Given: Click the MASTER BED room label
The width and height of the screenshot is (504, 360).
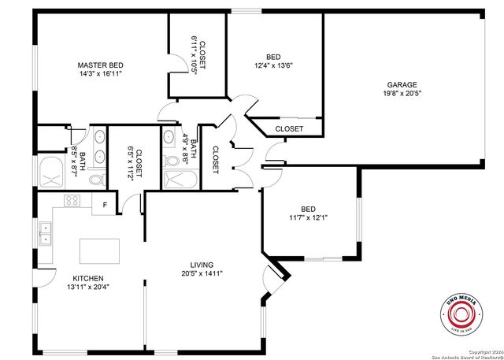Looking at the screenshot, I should tap(100, 65).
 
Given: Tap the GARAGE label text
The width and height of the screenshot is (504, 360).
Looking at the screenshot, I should tap(402, 84).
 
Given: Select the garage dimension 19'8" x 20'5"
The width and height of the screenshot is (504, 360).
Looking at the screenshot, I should tap(402, 93).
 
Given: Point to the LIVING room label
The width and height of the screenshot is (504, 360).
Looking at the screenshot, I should tap(202, 265).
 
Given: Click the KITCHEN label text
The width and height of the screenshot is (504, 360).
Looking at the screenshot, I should tap(87, 278).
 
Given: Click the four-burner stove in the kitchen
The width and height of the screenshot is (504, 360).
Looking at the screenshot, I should tap(72, 200).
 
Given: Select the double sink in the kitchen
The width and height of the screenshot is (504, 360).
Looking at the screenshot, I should tap(46, 234).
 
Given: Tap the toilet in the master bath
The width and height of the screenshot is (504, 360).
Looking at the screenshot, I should tap(96, 180).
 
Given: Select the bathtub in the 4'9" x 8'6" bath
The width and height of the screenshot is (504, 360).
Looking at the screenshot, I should tap(181, 180).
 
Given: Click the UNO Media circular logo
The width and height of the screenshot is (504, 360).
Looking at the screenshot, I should tap(462, 317).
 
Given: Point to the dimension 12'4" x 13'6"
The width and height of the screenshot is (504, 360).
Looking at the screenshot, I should tap(273, 65).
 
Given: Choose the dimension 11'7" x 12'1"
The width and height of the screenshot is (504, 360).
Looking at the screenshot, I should tap(309, 217).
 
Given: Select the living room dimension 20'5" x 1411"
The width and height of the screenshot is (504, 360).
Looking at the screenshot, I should tap(202, 273).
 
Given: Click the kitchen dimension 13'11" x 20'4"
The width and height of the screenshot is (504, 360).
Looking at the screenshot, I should tap(87, 287).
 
